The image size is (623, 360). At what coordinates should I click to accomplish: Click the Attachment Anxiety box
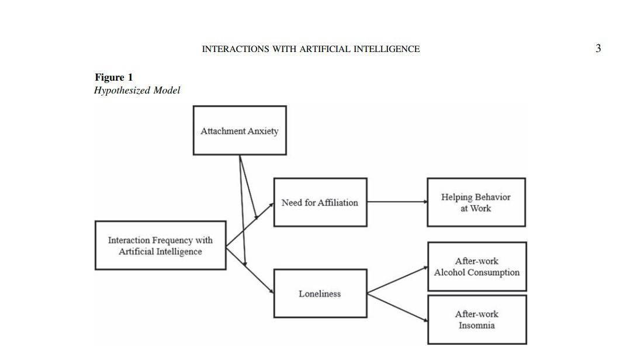point(240,130)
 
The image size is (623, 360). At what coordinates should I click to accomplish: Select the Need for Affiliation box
point(320,202)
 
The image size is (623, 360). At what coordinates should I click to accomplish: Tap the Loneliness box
point(320,293)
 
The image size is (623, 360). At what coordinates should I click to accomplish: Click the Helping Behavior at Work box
point(476,202)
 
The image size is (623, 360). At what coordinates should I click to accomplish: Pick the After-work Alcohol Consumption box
point(476,266)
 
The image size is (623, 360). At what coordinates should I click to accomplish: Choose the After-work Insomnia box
point(476,320)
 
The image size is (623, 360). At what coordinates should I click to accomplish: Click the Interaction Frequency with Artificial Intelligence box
point(160,245)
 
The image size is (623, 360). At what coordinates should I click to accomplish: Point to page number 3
point(598,49)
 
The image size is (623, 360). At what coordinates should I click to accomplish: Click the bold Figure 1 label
point(114,77)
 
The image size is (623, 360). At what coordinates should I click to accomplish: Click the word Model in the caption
point(167,90)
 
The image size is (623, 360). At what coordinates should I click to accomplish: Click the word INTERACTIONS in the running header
point(235,49)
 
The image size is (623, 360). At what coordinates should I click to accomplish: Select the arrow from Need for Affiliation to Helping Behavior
point(397,202)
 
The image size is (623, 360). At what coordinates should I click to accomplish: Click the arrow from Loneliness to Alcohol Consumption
point(397,279)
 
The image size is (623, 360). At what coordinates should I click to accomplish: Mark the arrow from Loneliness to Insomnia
point(397,307)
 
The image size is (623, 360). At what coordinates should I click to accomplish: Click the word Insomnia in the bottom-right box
point(476,326)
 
